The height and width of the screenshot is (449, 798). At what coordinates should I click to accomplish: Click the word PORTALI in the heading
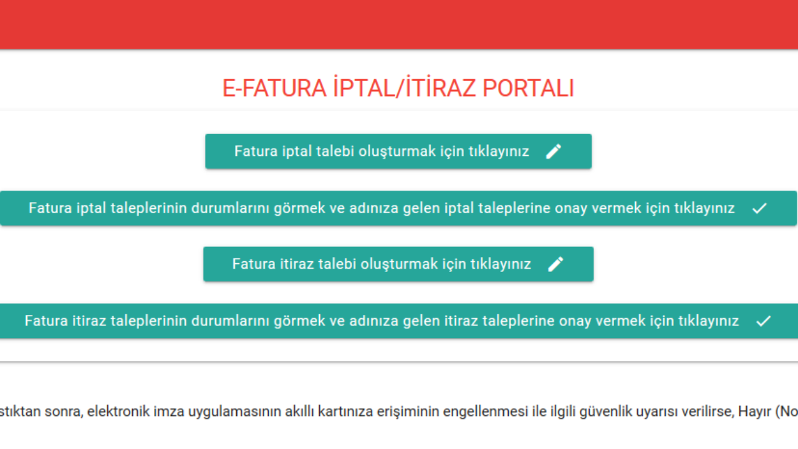(x=528, y=88)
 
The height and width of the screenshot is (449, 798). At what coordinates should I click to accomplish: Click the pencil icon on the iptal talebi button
(x=554, y=152)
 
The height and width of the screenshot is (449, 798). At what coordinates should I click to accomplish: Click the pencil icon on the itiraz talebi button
(x=555, y=264)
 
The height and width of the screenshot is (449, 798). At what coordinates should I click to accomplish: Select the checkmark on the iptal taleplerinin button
(x=759, y=208)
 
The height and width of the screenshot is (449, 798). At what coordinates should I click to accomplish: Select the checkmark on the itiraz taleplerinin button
(x=764, y=321)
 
